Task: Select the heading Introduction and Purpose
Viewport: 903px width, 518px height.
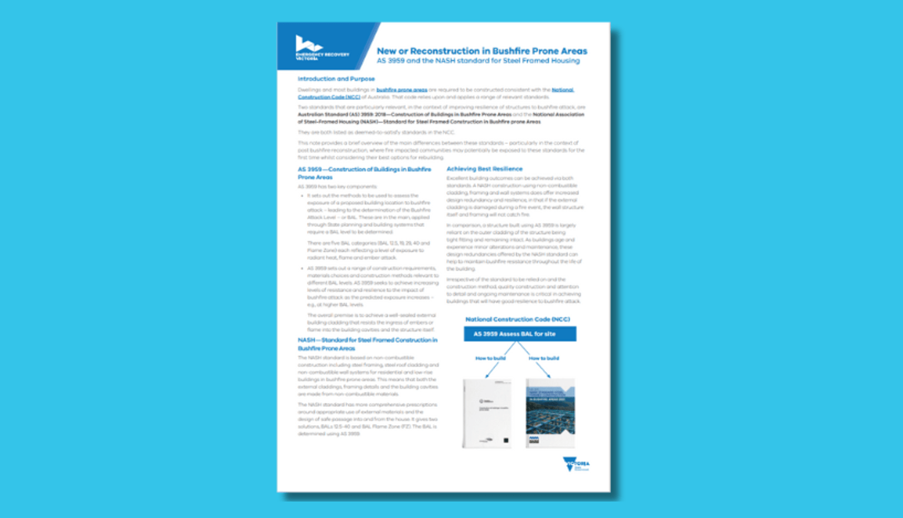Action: point(336,79)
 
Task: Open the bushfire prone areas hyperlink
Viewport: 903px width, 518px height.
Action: point(402,90)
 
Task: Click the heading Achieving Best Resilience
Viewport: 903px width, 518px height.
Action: point(484,169)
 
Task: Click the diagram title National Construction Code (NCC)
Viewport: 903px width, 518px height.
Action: point(517,319)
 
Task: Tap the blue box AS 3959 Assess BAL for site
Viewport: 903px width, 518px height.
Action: point(520,334)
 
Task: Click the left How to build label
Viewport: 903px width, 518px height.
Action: point(490,358)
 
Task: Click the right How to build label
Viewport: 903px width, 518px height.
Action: point(544,358)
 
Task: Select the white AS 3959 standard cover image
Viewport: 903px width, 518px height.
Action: point(487,413)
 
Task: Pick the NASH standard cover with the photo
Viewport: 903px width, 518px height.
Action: point(550,413)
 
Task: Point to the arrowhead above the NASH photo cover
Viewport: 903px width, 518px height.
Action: point(549,376)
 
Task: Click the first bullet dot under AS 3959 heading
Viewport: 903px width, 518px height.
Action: point(302,196)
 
